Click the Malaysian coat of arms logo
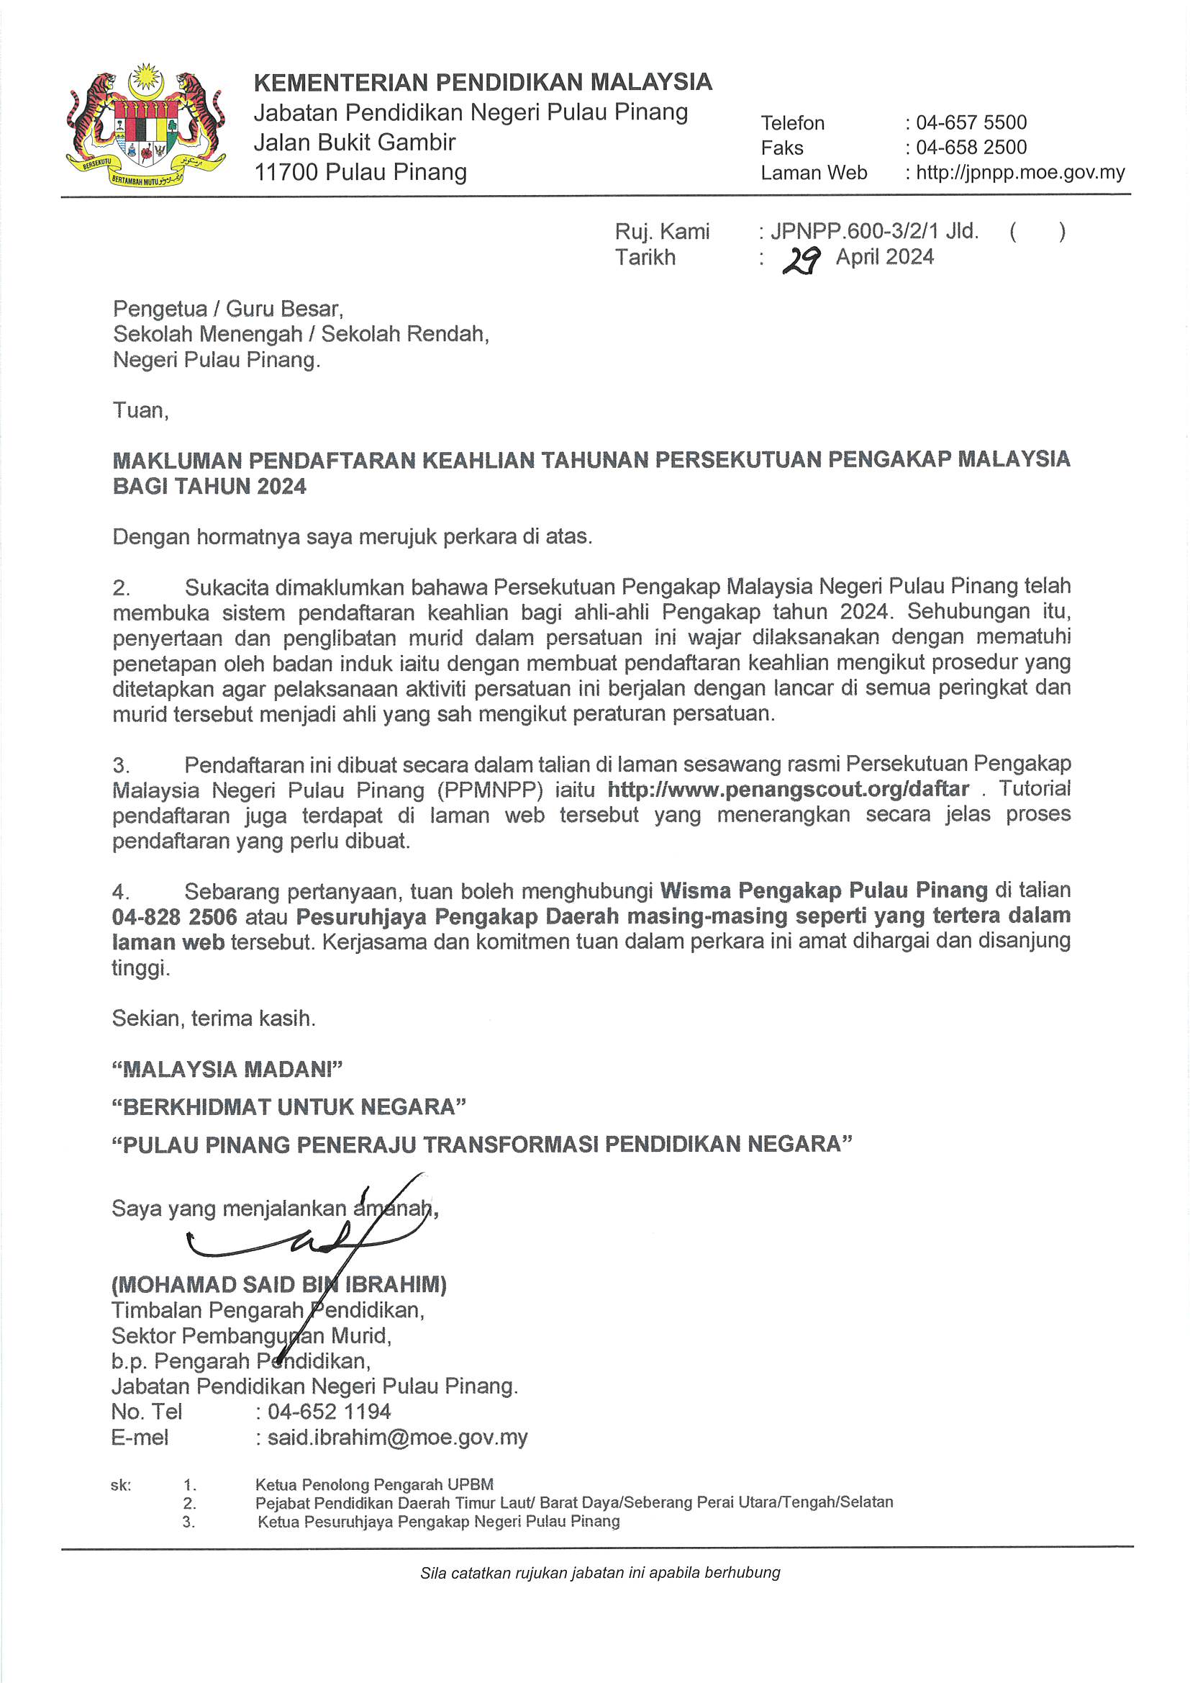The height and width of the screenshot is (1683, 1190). pyautogui.click(x=145, y=126)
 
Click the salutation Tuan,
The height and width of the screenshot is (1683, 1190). pyautogui.click(x=141, y=410)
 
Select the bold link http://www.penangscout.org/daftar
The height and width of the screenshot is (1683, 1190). pyautogui.click(x=789, y=790)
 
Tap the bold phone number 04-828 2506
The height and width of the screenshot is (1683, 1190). pyautogui.click(x=174, y=917)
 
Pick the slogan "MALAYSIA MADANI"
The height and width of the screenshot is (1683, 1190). pyautogui.click(x=227, y=1070)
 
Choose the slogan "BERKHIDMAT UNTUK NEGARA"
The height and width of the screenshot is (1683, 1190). pyautogui.click(x=289, y=1107)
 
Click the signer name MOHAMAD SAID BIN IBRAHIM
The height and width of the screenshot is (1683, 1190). pyautogui.click(x=278, y=1284)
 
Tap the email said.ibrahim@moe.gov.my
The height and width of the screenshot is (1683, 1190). pyautogui.click(x=397, y=1438)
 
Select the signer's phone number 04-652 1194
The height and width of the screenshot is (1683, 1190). pyautogui.click(x=329, y=1412)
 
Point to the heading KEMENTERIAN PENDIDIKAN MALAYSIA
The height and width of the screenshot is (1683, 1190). pyautogui.click(x=483, y=82)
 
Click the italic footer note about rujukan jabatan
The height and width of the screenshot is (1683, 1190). pyautogui.click(x=600, y=1572)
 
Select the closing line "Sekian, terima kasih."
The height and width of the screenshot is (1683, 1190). pyautogui.click(x=213, y=1018)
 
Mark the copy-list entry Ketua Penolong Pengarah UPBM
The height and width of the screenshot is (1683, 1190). pyautogui.click(x=373, y=1485)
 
